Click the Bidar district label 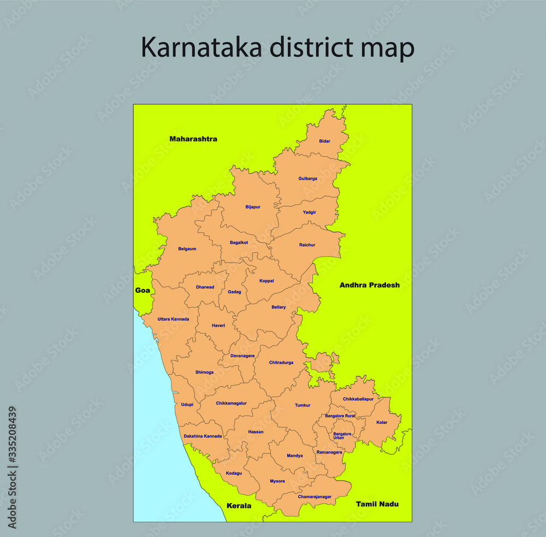[x=325, y=141]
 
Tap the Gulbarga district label [x=307, y=179]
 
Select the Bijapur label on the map [x=253, y=207]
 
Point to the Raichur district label [x=307, y=245]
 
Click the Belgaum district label [x=187, y=249]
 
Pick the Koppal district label [x=266, y=281]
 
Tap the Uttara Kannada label [x=173, y=319]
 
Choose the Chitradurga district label [x=281, y=363]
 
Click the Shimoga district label [x=204, y=373]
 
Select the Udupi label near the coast [x=187, y=405]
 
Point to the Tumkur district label [x=302, y=405]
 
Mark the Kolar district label [x=382, y=422]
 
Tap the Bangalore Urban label [x=342, y=436]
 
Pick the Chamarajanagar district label [x=314, y=497]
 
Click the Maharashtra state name [x=193, y=139]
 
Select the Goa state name [x=143, y=291]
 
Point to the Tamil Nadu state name [x=377, y=504]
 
